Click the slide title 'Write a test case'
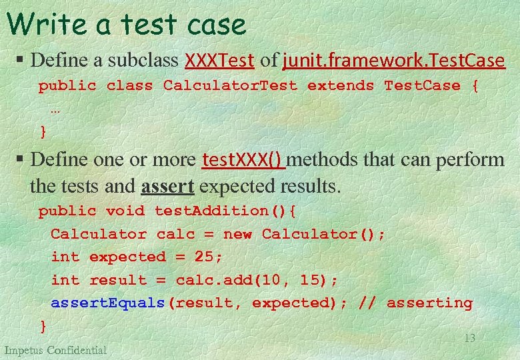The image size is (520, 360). (x=127, y=25)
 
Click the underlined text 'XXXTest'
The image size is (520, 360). (x=219, y=61)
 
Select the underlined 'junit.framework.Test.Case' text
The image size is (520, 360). (x=393, y=61)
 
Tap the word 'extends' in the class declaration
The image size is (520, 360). (x=341, y=86)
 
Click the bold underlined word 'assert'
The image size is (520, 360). (x=167, y=186)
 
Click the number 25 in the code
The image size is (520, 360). (x=204, y=257)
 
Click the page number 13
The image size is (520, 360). (x=469, y=338)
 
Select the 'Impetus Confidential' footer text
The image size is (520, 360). (x=55, y=350)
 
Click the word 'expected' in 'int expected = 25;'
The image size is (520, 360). (x=127, y=257)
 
